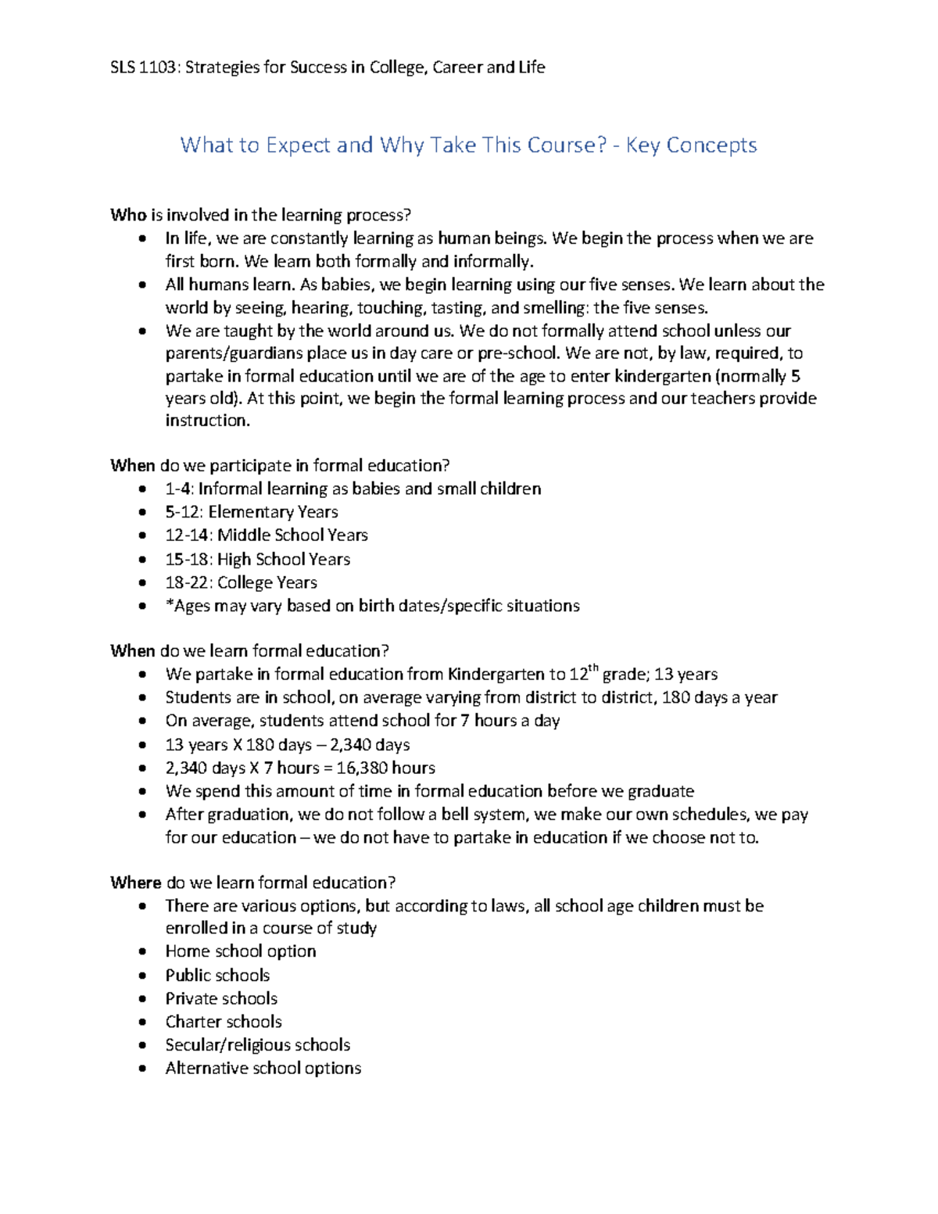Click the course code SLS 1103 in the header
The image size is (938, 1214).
(145, 67)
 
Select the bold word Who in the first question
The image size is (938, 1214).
(127, 215)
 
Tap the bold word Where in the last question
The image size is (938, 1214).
(135, 883)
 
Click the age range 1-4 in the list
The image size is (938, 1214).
(178, 489)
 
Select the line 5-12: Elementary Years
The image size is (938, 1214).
(251, 512)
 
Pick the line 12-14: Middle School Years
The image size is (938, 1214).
(266, 535)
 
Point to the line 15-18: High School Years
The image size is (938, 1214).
(257, 559)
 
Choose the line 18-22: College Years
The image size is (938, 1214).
(241, 582)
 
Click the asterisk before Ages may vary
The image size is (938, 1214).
(169, 604)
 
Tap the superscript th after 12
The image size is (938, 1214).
(593, 668)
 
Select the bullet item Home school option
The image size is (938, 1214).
(240, 951)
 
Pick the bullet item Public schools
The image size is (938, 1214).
(217, 975)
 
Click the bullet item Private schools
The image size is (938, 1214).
(221, 998)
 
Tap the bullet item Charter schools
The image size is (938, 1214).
(223, 1022)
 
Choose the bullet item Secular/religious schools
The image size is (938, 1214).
(257, 1045)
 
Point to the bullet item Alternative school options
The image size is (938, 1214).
(263, 1069)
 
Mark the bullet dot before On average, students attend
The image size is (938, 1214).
(141, 722)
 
